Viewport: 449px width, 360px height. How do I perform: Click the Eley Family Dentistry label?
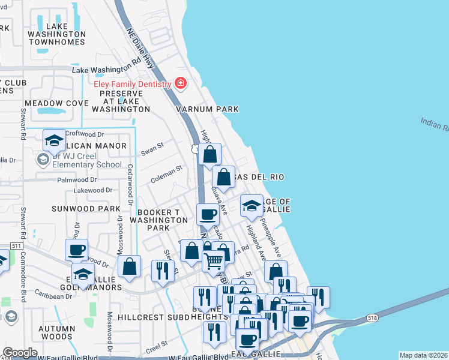click(132, 85)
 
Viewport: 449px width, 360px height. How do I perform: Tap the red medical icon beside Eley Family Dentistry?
click(179, 84)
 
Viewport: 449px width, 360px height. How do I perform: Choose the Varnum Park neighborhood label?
click(207, 109)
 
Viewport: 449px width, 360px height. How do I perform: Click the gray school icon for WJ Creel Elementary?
click(43, 160)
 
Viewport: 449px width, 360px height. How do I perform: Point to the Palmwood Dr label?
click(76, 180)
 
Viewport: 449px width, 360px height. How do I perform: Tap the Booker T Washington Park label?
click(163, 220)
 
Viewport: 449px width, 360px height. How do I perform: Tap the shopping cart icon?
click(214, 261)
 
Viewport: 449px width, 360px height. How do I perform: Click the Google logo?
click(20, 353)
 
